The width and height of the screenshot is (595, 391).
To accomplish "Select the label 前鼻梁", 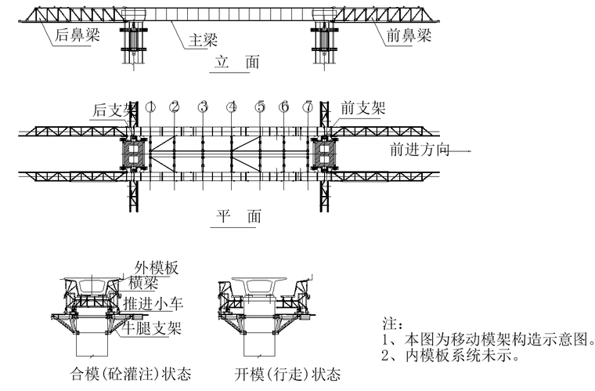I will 409,34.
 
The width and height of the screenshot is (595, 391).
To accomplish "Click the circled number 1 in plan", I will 151,107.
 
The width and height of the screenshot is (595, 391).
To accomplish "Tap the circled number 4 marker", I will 232,107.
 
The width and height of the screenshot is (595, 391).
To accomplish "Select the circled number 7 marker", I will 309,107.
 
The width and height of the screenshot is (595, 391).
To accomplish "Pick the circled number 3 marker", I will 203,107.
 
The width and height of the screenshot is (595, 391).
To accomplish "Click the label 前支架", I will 362,108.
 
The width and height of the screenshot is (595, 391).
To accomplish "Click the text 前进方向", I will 420,150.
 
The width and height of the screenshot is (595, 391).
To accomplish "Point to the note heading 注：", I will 391,323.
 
